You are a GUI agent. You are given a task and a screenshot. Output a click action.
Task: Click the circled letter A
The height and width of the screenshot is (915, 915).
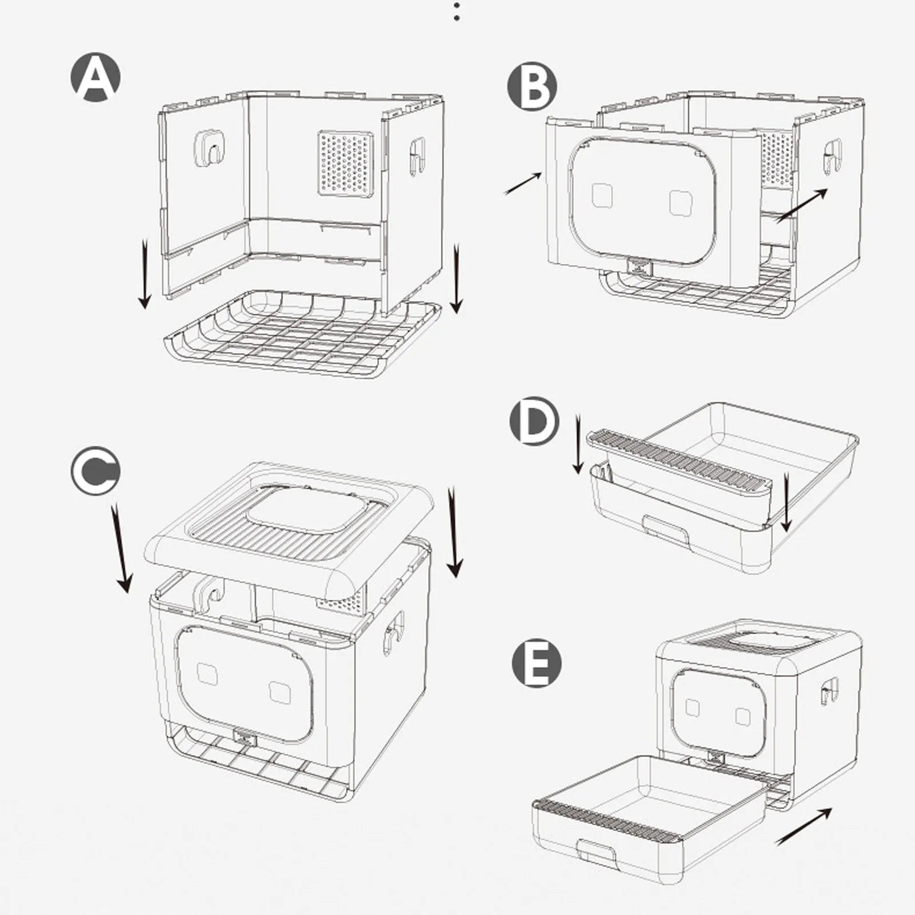point(95,77)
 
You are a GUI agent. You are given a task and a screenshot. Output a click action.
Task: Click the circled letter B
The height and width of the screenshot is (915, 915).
point(532,86)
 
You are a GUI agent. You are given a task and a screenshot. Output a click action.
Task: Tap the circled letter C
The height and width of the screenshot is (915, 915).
point(95,472)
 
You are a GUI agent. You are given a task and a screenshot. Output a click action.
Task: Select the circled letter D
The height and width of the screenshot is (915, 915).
point(534,422)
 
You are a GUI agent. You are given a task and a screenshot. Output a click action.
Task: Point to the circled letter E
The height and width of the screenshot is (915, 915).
point(536,663)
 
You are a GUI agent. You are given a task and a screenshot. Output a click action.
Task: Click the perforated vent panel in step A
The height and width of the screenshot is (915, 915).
point(345,163)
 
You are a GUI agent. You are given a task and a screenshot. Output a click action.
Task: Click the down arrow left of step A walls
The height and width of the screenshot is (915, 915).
point(145,274)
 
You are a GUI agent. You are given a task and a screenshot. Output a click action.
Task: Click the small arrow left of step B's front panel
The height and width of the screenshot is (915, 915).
point(522,184)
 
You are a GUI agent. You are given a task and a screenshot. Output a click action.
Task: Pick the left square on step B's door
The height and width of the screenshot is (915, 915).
point(602,195)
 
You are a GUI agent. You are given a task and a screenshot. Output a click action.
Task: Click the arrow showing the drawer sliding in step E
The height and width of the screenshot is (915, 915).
point(803,826)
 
